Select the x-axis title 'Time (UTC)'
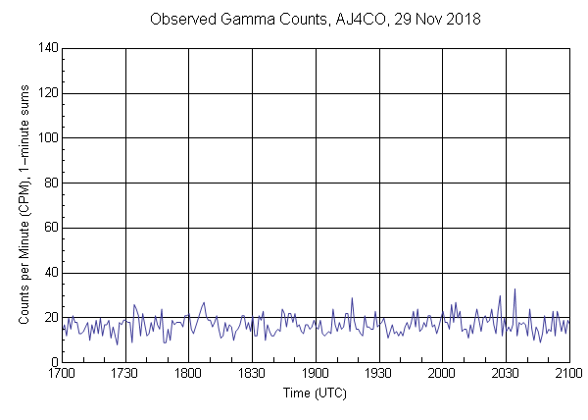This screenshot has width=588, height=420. (315, 394)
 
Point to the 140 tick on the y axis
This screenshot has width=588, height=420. (46, 48)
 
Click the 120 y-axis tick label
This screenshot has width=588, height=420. (46, 93)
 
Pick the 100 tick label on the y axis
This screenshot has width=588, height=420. (46, 138)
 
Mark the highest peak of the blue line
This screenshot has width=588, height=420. (514, 289)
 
